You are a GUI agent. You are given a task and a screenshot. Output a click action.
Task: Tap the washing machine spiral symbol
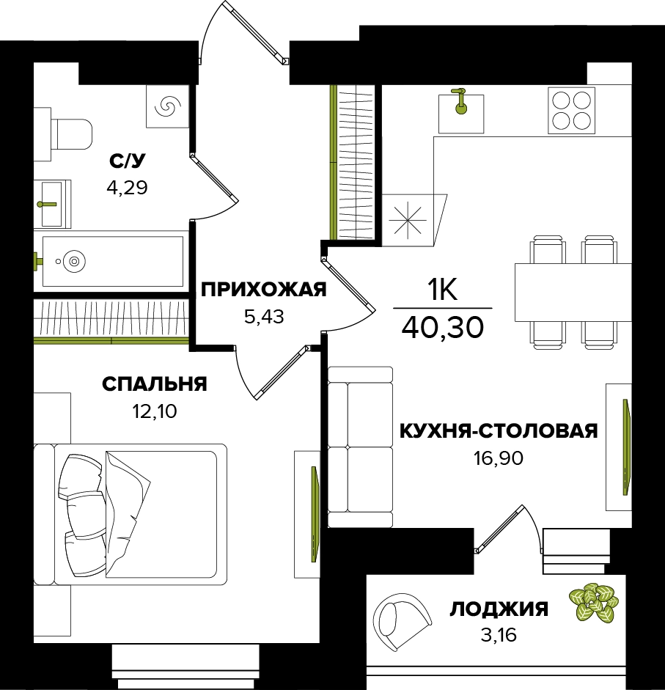[168, 106]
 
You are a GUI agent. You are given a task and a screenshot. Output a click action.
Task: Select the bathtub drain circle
[74, 261]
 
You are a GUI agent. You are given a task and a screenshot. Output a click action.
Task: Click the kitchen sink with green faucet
[460, 113]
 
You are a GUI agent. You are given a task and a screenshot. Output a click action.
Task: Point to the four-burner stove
[571, 110]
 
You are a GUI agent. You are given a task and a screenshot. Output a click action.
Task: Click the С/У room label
[127, 161]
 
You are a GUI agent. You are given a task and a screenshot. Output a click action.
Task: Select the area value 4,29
[127, 188]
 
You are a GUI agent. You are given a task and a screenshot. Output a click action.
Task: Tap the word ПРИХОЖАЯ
[264, 290]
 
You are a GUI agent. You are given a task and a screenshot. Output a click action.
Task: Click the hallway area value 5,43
[264, 316]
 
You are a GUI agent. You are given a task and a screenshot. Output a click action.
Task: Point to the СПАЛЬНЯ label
[155, 384]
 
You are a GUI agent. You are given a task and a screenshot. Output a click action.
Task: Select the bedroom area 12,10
[155, 411]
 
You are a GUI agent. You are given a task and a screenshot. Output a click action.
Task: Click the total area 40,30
[442, 327]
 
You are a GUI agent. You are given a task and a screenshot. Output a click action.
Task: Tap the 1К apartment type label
[442, 290]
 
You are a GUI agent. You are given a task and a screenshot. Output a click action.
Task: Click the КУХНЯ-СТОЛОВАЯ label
[499, 431]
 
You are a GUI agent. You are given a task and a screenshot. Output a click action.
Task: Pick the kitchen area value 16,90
[499, 458]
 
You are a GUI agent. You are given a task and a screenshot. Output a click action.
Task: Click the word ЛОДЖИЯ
[499, 609]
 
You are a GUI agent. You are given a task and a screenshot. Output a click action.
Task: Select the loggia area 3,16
[499, 636]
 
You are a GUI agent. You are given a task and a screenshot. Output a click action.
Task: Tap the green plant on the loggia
[594, 603]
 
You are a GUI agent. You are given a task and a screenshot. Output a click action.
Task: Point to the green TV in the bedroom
[315, 515]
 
